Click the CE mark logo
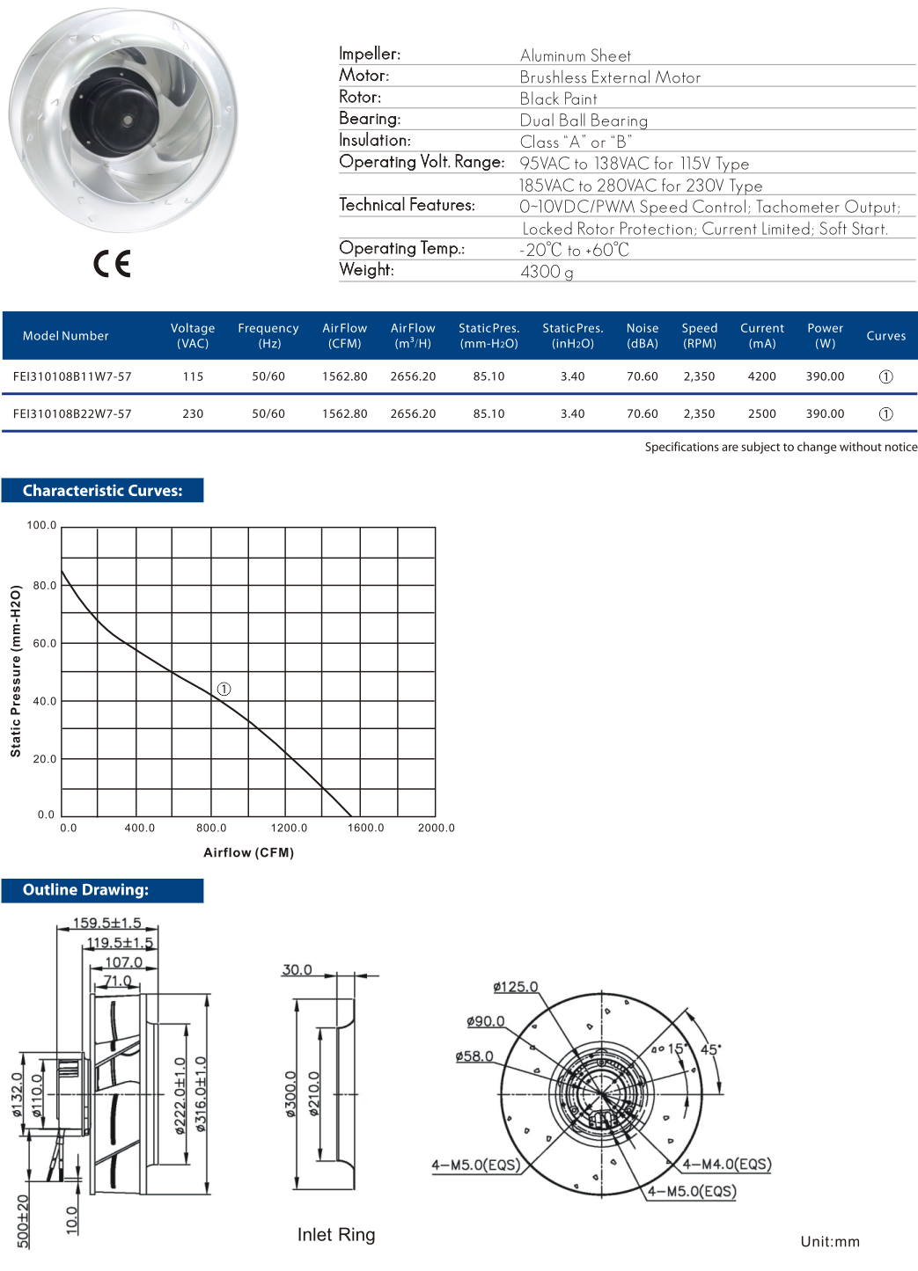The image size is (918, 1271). [112, 263]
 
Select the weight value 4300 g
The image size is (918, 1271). [547, 272]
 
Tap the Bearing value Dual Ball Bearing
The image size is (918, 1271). [584, 121]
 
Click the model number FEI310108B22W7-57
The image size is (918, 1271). [72, 413]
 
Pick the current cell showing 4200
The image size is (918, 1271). [761, 376]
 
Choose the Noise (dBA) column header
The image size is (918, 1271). [643, 335]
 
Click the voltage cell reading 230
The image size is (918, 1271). [193, 413]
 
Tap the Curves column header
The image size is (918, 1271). [885, 336]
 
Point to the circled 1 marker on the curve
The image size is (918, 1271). [224, 689]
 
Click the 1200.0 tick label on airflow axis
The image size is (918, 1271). [289, 828]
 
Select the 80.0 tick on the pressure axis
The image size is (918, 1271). [44, 585]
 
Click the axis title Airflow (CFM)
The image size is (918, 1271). [248, 852]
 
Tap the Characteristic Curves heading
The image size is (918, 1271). [102, 491]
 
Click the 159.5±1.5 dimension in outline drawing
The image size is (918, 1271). [106, 923]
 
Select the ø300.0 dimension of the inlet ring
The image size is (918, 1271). [290, 1094]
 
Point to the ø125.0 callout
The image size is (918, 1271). [515, 987]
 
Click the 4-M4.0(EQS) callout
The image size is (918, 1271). [727, 1164]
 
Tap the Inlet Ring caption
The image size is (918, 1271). [336, 1235]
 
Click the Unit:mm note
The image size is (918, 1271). [829, 1241]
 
